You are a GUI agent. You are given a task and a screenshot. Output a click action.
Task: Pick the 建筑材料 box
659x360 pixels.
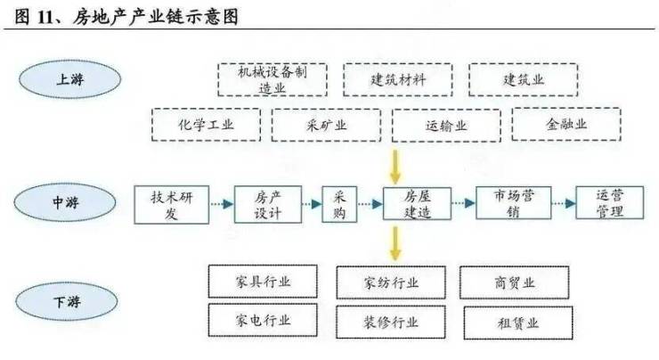(x=398, y=80)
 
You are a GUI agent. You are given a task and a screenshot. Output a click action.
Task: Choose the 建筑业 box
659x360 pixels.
(x=523, y=80)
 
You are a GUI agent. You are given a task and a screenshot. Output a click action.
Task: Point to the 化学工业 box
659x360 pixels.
(x=206, y=126)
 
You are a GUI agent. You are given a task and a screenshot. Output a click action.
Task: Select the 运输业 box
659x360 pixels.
(x=446, y=126)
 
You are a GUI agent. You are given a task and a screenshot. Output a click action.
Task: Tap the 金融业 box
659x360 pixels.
(x=567, y=125)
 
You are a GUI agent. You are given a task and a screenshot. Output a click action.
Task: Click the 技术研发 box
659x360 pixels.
(x=171, y=204)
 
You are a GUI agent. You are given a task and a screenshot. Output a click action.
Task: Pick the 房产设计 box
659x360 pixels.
(x=267, y=204)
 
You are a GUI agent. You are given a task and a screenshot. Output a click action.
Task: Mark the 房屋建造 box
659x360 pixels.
(x=417, y=204)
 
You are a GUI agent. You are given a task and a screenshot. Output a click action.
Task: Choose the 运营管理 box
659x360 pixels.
(x=609, y=204)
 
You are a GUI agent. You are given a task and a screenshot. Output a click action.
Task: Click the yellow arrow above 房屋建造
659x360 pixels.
(x=395, y=166)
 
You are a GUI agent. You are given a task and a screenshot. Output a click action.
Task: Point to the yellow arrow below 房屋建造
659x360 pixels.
(x=395, y=243)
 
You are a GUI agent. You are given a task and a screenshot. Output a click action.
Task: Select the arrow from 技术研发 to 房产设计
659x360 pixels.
(x=222, y=204)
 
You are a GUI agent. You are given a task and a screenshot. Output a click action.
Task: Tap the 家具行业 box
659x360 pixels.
(x=262, y=282)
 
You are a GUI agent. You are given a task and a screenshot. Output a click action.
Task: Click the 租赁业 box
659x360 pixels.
(x=514, y=322)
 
